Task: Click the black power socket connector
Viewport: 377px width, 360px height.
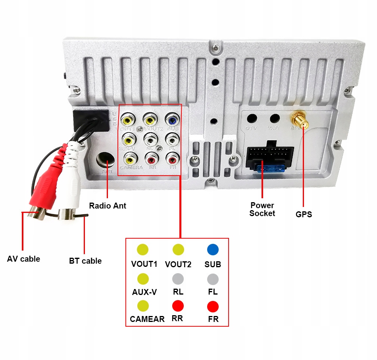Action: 270,157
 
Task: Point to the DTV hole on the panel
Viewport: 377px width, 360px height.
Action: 252,119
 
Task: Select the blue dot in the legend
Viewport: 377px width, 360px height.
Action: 213,249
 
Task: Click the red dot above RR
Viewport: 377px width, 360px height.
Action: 178,306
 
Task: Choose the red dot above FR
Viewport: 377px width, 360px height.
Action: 213,306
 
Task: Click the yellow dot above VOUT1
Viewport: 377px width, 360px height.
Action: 142,249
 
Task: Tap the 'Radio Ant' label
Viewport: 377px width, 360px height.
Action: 108,206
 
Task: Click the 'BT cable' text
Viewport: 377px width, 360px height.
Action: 85,261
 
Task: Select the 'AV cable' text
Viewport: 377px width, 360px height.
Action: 23,259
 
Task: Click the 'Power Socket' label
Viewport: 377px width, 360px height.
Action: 262,209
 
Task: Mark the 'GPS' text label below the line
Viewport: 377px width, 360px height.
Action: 304,214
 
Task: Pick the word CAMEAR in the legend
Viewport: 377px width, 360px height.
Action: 147,319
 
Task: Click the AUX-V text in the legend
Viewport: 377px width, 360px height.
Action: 144,292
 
